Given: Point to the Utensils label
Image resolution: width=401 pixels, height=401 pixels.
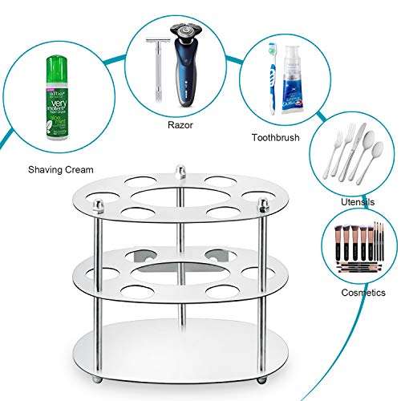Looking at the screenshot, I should (358, 203).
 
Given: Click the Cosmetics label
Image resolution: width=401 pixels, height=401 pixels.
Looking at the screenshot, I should (363, 293).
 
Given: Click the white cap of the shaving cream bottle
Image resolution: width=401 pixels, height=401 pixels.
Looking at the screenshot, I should (54, 63).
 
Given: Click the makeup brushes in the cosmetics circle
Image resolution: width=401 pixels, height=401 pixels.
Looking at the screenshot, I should (358, 244).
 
